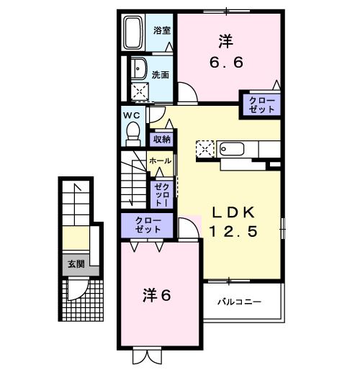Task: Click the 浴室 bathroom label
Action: (161, 31)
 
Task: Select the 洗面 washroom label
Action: (160, 74)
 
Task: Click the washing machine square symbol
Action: (138, 91)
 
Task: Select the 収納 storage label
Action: (161, 139)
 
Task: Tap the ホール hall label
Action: (160, 162)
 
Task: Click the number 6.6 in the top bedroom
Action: (226, 62)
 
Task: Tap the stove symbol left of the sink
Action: (205, 150)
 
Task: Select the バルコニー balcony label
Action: (240, 302)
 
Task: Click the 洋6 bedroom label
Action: (156, 295)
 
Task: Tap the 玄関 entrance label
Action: (76, 264)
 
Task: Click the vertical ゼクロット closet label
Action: (160, 194)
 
